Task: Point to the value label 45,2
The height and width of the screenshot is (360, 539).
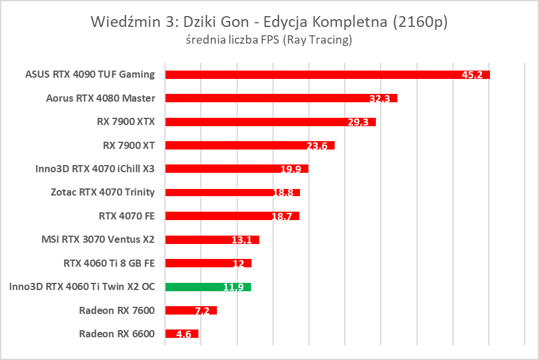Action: (x=473, y=75)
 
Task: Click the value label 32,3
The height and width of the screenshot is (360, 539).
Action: (x=379, y=99)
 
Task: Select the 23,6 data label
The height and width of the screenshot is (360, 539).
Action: (x=317, y=146)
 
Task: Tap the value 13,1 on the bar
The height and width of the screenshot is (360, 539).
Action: (x=242, y=240)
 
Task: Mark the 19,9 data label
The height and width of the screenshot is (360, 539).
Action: (x=291, y=169)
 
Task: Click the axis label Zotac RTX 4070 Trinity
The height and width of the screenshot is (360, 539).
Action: (x=103, y=193)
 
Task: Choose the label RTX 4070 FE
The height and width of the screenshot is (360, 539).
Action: (x=126, y=216)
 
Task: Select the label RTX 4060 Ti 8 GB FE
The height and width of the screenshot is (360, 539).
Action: (x=109, y=263)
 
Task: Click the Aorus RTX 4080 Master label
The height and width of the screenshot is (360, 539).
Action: (x=100, y=98)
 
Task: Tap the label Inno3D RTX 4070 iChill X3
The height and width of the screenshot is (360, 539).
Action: (x=95, y=169)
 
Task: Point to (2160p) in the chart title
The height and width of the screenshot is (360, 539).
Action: (x=420, y=22)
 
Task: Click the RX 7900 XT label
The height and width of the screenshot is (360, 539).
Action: (x=128, y=145)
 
